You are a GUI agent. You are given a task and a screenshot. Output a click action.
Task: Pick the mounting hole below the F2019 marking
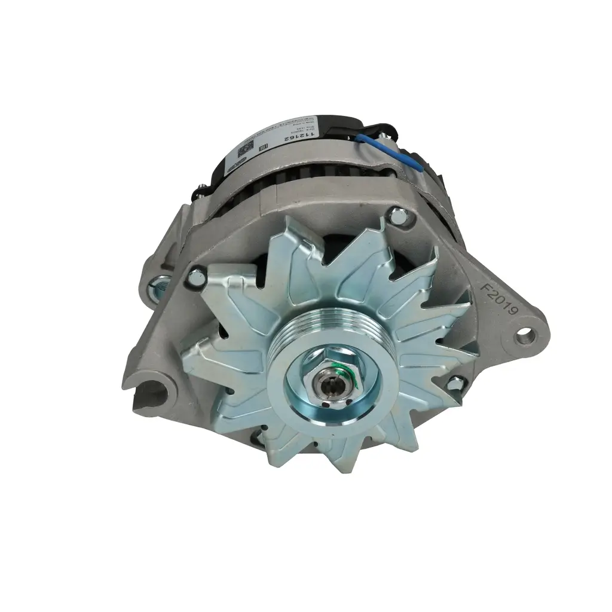coord(526,334)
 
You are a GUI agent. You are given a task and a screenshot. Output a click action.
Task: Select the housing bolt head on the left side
coord(196,276)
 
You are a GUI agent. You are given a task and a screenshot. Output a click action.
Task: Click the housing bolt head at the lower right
coord(455,382)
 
